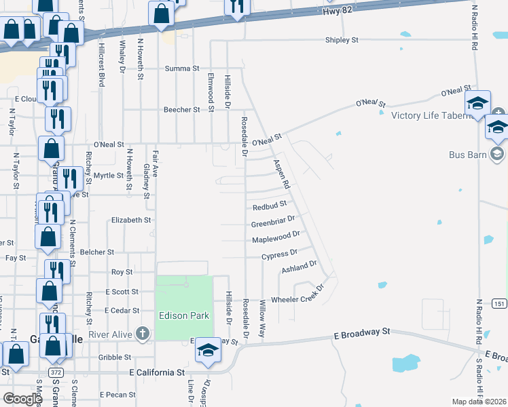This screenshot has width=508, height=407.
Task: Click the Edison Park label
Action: point(184,315)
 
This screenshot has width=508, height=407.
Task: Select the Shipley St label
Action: point(342,41)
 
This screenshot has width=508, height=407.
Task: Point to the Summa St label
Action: point(182,69)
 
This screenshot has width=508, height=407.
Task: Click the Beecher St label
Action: point(182,109)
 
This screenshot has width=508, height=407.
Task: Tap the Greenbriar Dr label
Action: point(272,220)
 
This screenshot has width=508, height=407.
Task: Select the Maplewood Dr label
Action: point(276,237)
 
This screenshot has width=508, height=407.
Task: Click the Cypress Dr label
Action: point(280,254)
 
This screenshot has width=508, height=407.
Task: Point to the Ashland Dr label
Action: point(300,267)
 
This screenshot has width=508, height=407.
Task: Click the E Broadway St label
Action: point(362,332)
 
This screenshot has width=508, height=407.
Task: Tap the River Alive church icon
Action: point(142,333)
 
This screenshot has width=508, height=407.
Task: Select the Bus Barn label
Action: point(468,155)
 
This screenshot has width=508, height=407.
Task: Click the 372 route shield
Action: point(56,373)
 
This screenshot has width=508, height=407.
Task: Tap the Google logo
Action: point(23,399)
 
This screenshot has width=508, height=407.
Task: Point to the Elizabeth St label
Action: point(130,220)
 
